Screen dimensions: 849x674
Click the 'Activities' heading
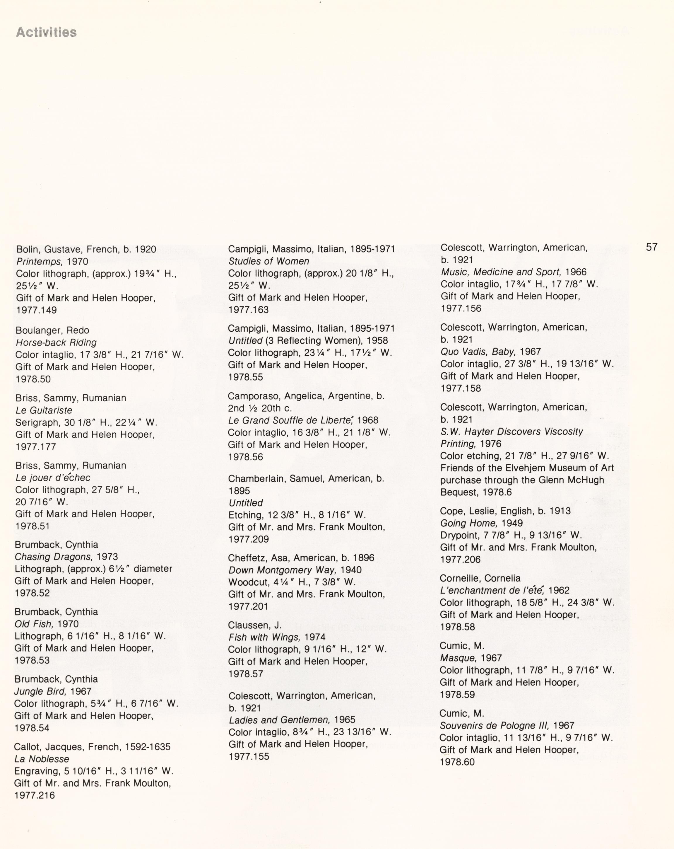tap(47, 32)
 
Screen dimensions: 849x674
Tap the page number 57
tap(651, 247)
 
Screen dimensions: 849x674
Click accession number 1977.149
tap(36, 310)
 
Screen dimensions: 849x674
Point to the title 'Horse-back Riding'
tap(56, 342)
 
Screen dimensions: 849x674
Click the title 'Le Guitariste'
tap(44, 410)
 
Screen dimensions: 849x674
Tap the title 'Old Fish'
tap(33, 624)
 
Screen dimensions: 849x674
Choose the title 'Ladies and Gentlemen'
tap(279, 720)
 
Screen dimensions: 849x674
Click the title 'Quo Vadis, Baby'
tap(478, 352)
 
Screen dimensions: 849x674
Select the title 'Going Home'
tap(468, 523)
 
